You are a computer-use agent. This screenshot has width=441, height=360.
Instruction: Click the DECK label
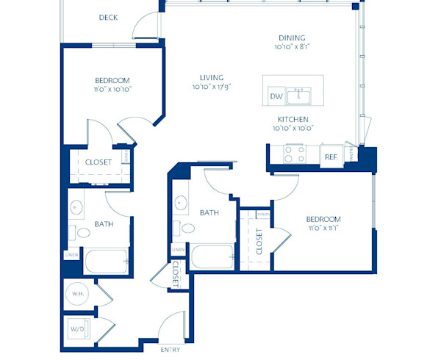pyautogui.click(x=108, y=18)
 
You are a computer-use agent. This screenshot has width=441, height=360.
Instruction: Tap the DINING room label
pyautogui.click(x=291, y=38)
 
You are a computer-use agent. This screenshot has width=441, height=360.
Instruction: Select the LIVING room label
pyautogui.click(x=212, y=77)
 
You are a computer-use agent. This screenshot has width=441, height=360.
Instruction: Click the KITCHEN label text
pyautogui.click(x=293, y=119)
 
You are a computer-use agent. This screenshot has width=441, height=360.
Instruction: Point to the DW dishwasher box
pyautogui.click(x=276, y=96)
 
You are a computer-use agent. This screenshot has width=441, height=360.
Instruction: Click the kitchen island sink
pyautogui.click(x=299, y=96)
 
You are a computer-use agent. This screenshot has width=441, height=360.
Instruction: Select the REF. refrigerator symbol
pyautogui.click(x=331, y=156)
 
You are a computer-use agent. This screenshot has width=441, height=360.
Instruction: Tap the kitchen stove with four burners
pyautogui.click(x=295, y=154)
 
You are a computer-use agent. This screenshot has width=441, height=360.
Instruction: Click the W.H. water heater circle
pyautogui.click(x=79, y=295)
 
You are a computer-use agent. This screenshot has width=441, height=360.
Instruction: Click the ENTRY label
pyautogui.click(x=171, y=349)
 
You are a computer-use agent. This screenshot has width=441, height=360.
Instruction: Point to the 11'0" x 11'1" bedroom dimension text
pyautogui.click(x=323, y=228)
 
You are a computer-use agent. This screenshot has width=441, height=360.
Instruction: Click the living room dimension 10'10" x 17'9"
pyautogui.click(x=212, y=87)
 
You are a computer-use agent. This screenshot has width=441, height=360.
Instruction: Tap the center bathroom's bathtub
pyautogui.click(x=212, y=258)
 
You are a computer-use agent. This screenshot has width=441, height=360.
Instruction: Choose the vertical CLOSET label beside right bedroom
pyautogui.click(x=259, y=241)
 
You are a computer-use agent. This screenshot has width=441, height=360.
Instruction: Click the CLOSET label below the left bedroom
pyautogui.click(x=98, y=162)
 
